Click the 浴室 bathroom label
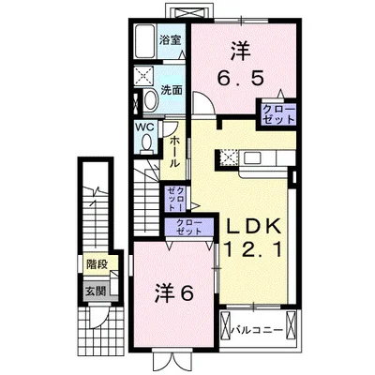170,40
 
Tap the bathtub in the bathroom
145,41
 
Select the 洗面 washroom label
172,90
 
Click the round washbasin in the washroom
151,99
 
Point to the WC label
144,127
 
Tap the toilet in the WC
146,143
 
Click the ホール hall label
174,152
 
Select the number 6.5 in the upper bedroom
240,78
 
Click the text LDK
253,226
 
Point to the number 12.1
253,249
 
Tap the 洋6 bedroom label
173,293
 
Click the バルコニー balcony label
257,330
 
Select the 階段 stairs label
97,264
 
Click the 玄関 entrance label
96,292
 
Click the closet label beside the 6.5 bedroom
278,114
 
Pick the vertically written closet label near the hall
175,198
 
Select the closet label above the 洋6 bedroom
189,227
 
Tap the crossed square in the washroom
144,75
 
